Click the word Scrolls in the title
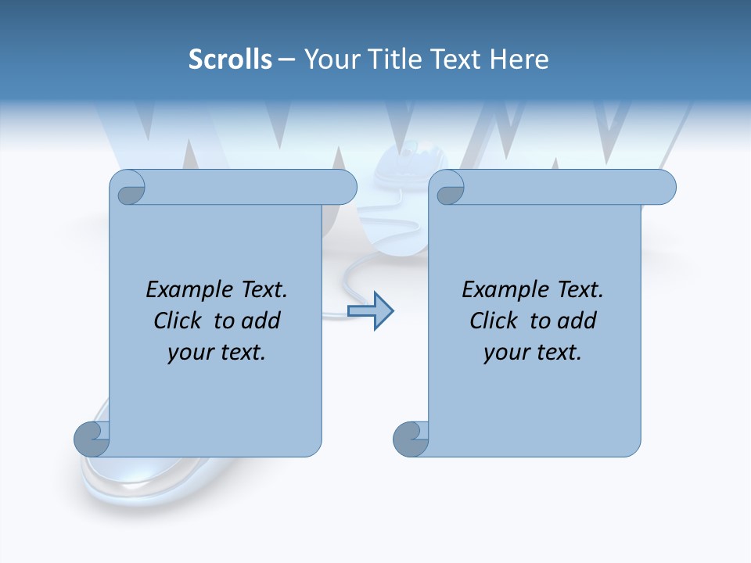click(x=230, y=59)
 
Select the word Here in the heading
click(x=519, y=59)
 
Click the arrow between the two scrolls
click(x=370, y=311)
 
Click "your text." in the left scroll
click(x=217, y=352)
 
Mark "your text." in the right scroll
click(x=533, y=352)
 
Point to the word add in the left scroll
click(x=261, y=321)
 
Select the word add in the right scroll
click(x=577, y=321)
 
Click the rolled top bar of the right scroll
click(x=563, y=188)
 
